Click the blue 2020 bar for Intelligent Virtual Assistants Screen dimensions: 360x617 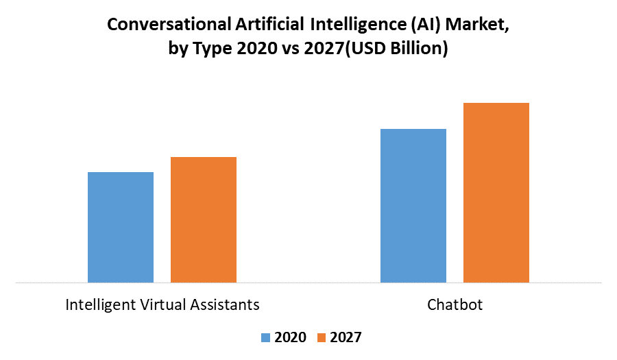coord(121,227)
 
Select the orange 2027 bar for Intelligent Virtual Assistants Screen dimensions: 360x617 coord(204,219)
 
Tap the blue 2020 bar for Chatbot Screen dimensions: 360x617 coord(413,205)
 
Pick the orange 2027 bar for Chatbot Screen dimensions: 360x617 coord(496,193)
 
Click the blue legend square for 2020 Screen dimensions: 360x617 coord(266,337)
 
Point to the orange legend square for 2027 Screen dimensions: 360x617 coord(322,337)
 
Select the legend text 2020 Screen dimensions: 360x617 coord(291,337)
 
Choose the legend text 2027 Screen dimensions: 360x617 coord(346,337)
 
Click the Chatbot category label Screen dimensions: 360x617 coord(455,304)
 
